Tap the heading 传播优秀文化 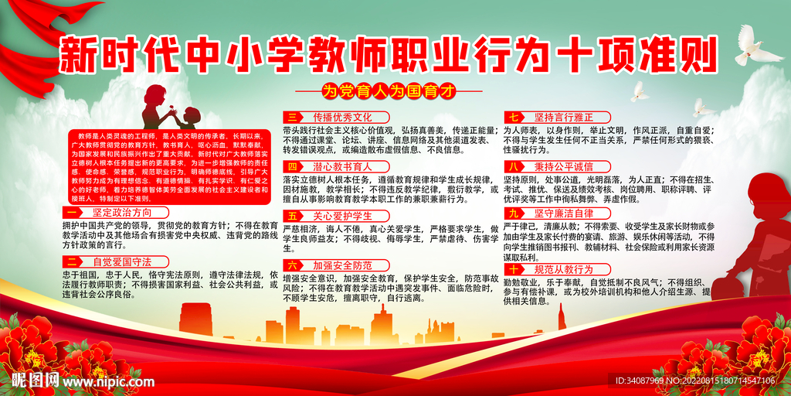coord(331,117)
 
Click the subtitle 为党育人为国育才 coord(395,89)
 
